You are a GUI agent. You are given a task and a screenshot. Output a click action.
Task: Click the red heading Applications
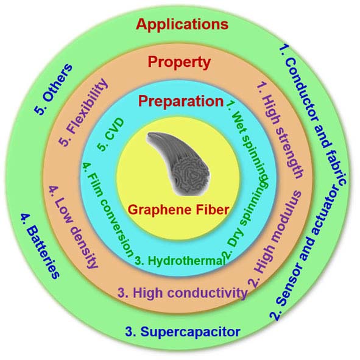click(182, 25)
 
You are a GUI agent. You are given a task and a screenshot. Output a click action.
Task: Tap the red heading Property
click(179, 62)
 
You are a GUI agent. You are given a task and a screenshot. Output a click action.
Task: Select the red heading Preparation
click(181, 101)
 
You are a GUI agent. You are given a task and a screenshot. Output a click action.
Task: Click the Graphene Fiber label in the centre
click(178, 210)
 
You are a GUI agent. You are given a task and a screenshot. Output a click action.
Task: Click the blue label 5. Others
click(54, 89)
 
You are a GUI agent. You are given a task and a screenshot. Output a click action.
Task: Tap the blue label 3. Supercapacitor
click(183, 332)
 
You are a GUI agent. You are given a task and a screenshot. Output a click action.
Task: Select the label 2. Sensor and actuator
click(303, 253)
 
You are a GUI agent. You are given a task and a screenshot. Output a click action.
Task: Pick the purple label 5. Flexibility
click(83, 113)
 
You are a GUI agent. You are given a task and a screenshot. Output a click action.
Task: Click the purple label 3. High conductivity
click(183, 293)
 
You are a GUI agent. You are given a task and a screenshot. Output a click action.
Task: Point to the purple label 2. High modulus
click(275, 239)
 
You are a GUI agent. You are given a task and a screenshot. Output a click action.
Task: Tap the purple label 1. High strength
click(280, 130)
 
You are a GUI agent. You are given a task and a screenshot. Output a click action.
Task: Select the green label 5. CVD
click(111, 135)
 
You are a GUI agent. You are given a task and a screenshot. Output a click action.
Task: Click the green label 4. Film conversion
click(107, 210)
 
